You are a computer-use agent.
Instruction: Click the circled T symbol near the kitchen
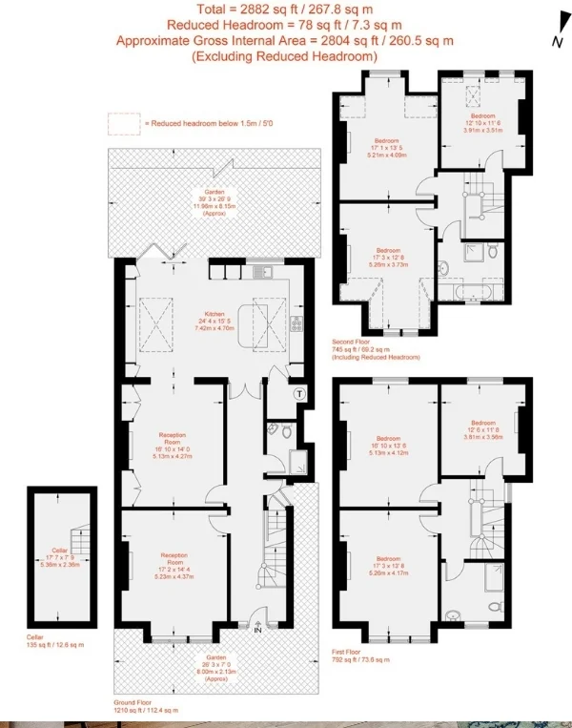coord(298,392)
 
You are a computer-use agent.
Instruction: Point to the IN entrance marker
coord(258,628)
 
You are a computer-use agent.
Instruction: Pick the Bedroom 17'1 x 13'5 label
coord(386,148)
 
